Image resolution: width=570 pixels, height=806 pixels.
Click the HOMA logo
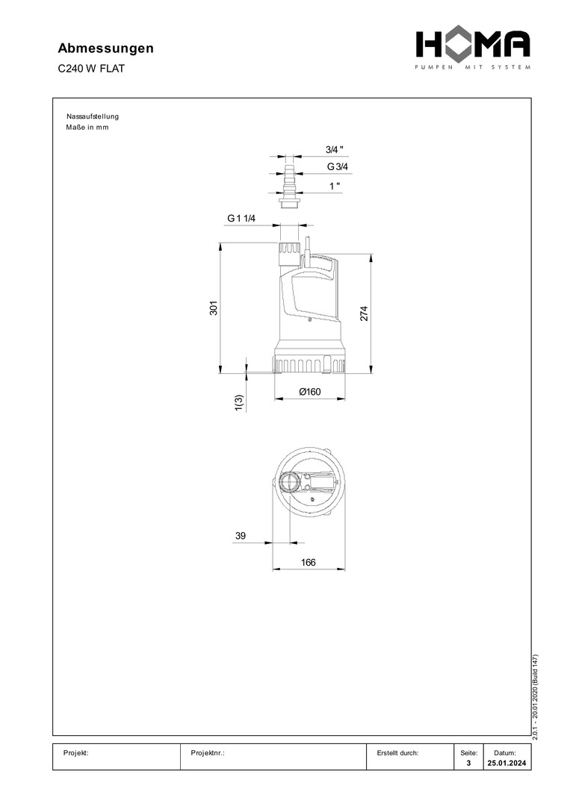pos(474,49)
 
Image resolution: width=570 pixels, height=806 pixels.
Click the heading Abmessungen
pos(105,49)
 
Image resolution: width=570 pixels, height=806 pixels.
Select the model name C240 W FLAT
pos(91,69)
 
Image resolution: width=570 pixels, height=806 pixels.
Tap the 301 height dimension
pos(214,308)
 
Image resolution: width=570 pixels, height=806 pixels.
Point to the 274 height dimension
pos(364,313)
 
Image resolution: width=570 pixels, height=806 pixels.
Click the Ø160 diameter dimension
pos(310,392)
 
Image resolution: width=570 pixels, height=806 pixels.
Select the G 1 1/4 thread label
pos(241,219)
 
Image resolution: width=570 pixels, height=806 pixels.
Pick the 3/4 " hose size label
pos(334,149)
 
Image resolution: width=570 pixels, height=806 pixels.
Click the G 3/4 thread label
pos(338,166)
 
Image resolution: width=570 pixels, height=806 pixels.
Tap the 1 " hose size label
pos(335,186)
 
